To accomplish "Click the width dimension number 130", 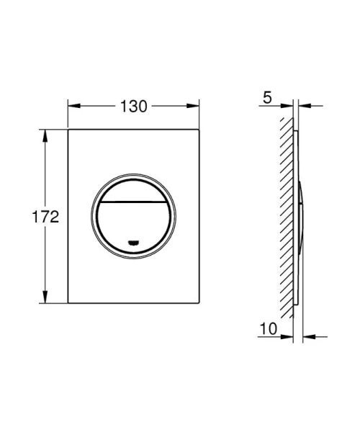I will (133, 106).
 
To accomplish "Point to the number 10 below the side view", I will (269, 330).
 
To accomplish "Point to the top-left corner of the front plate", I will (69, 130).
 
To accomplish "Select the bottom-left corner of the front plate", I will (69, 305).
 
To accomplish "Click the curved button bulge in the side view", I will (301, 216).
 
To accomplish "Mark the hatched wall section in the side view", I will (288, 216).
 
